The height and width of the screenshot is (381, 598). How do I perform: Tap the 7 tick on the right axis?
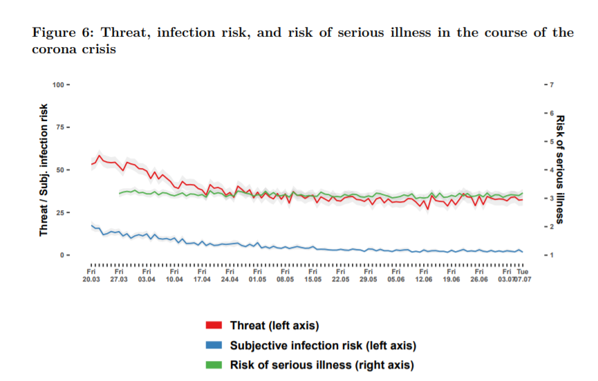pyautogui.click(x=551, y=84)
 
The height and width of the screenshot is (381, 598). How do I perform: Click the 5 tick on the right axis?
pyautogui.click(x=551, y=142)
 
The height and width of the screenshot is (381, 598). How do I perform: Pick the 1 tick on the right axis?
pyautogui.click(x=551, y=256)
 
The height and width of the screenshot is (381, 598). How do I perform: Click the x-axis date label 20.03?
pyautogui.click(x=91, y=279)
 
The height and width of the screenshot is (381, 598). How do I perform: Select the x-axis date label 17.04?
pyautogui.click(x=201, y=279)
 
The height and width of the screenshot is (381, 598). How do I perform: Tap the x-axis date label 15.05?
pyautogui.click(x=312, y=279)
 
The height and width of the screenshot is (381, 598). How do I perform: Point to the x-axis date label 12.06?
pyautogui.click(x=423, y=279)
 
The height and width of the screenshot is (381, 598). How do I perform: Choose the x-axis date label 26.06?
pyautogui.click(x=478, y=279)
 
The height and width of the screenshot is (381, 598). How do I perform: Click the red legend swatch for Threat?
pyautogui.click(x=214, y=325)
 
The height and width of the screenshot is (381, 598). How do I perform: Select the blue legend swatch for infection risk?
pyautogui.click(x=214, y=345)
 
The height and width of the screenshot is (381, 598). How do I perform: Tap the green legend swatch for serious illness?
pyautogui.click(x=214, y=364)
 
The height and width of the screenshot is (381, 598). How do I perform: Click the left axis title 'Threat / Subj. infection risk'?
pyautogui.click(x=44, y=169)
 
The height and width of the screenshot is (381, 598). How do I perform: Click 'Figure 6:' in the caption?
pyautogui.click(x=62, y=32)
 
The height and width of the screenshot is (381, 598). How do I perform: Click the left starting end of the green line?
pyautogui.click(x=119, y=194)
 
